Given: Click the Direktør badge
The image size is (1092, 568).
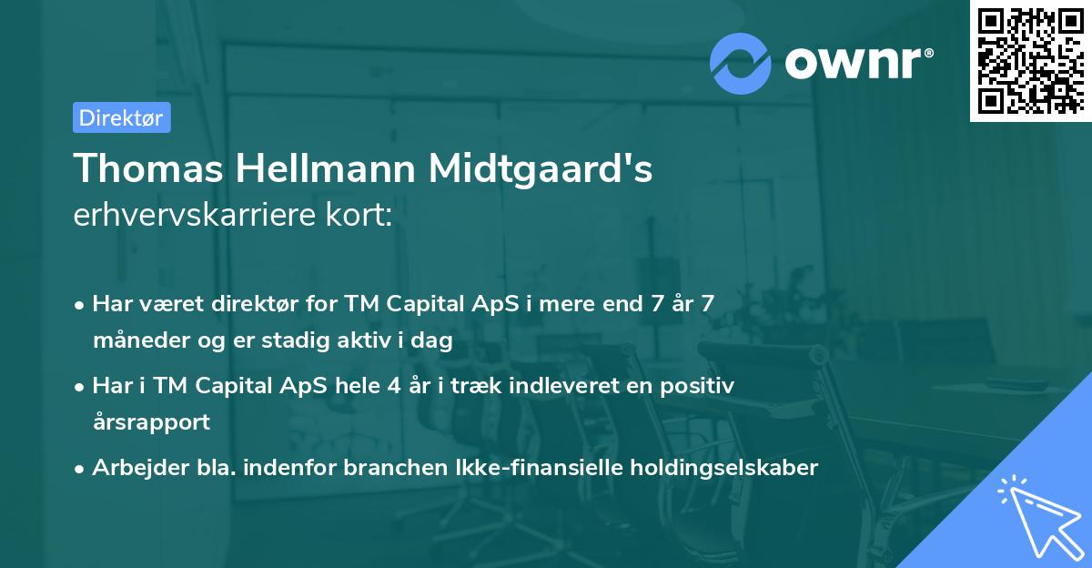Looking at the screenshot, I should pos(121,117).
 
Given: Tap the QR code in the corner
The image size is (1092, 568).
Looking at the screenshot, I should pos(1030,60).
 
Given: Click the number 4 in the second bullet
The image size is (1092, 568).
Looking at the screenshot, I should pos(393,386).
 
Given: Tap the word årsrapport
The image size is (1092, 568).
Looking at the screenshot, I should pos(151,422).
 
